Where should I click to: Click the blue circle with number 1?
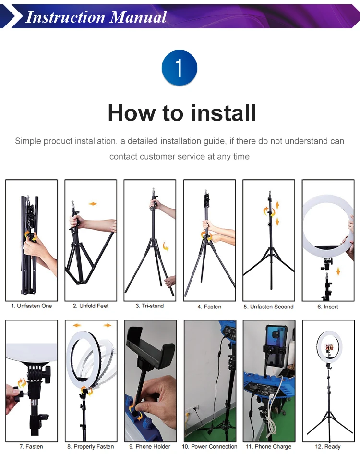(x=180, y=68)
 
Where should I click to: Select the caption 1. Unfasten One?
(x=32, y=306)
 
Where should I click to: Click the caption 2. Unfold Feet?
(x=91, y=306)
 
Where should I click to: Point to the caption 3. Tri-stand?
(x=150, y=306)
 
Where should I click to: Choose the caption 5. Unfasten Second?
(x=269, y=307)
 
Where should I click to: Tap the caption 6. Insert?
(x=328, y=307)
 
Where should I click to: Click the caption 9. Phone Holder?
(x=150, y=446)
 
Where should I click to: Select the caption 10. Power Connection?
(x=210, y=446)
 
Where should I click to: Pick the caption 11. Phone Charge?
(x=269, y=446)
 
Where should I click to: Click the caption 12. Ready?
(x=328, y=446)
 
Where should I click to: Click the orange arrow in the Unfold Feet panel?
(x=93, y=204)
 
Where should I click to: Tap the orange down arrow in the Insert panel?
(x=338, y=271)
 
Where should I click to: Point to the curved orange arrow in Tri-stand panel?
(x=166, y=246)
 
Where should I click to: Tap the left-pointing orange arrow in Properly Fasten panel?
(x=77, y=325)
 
